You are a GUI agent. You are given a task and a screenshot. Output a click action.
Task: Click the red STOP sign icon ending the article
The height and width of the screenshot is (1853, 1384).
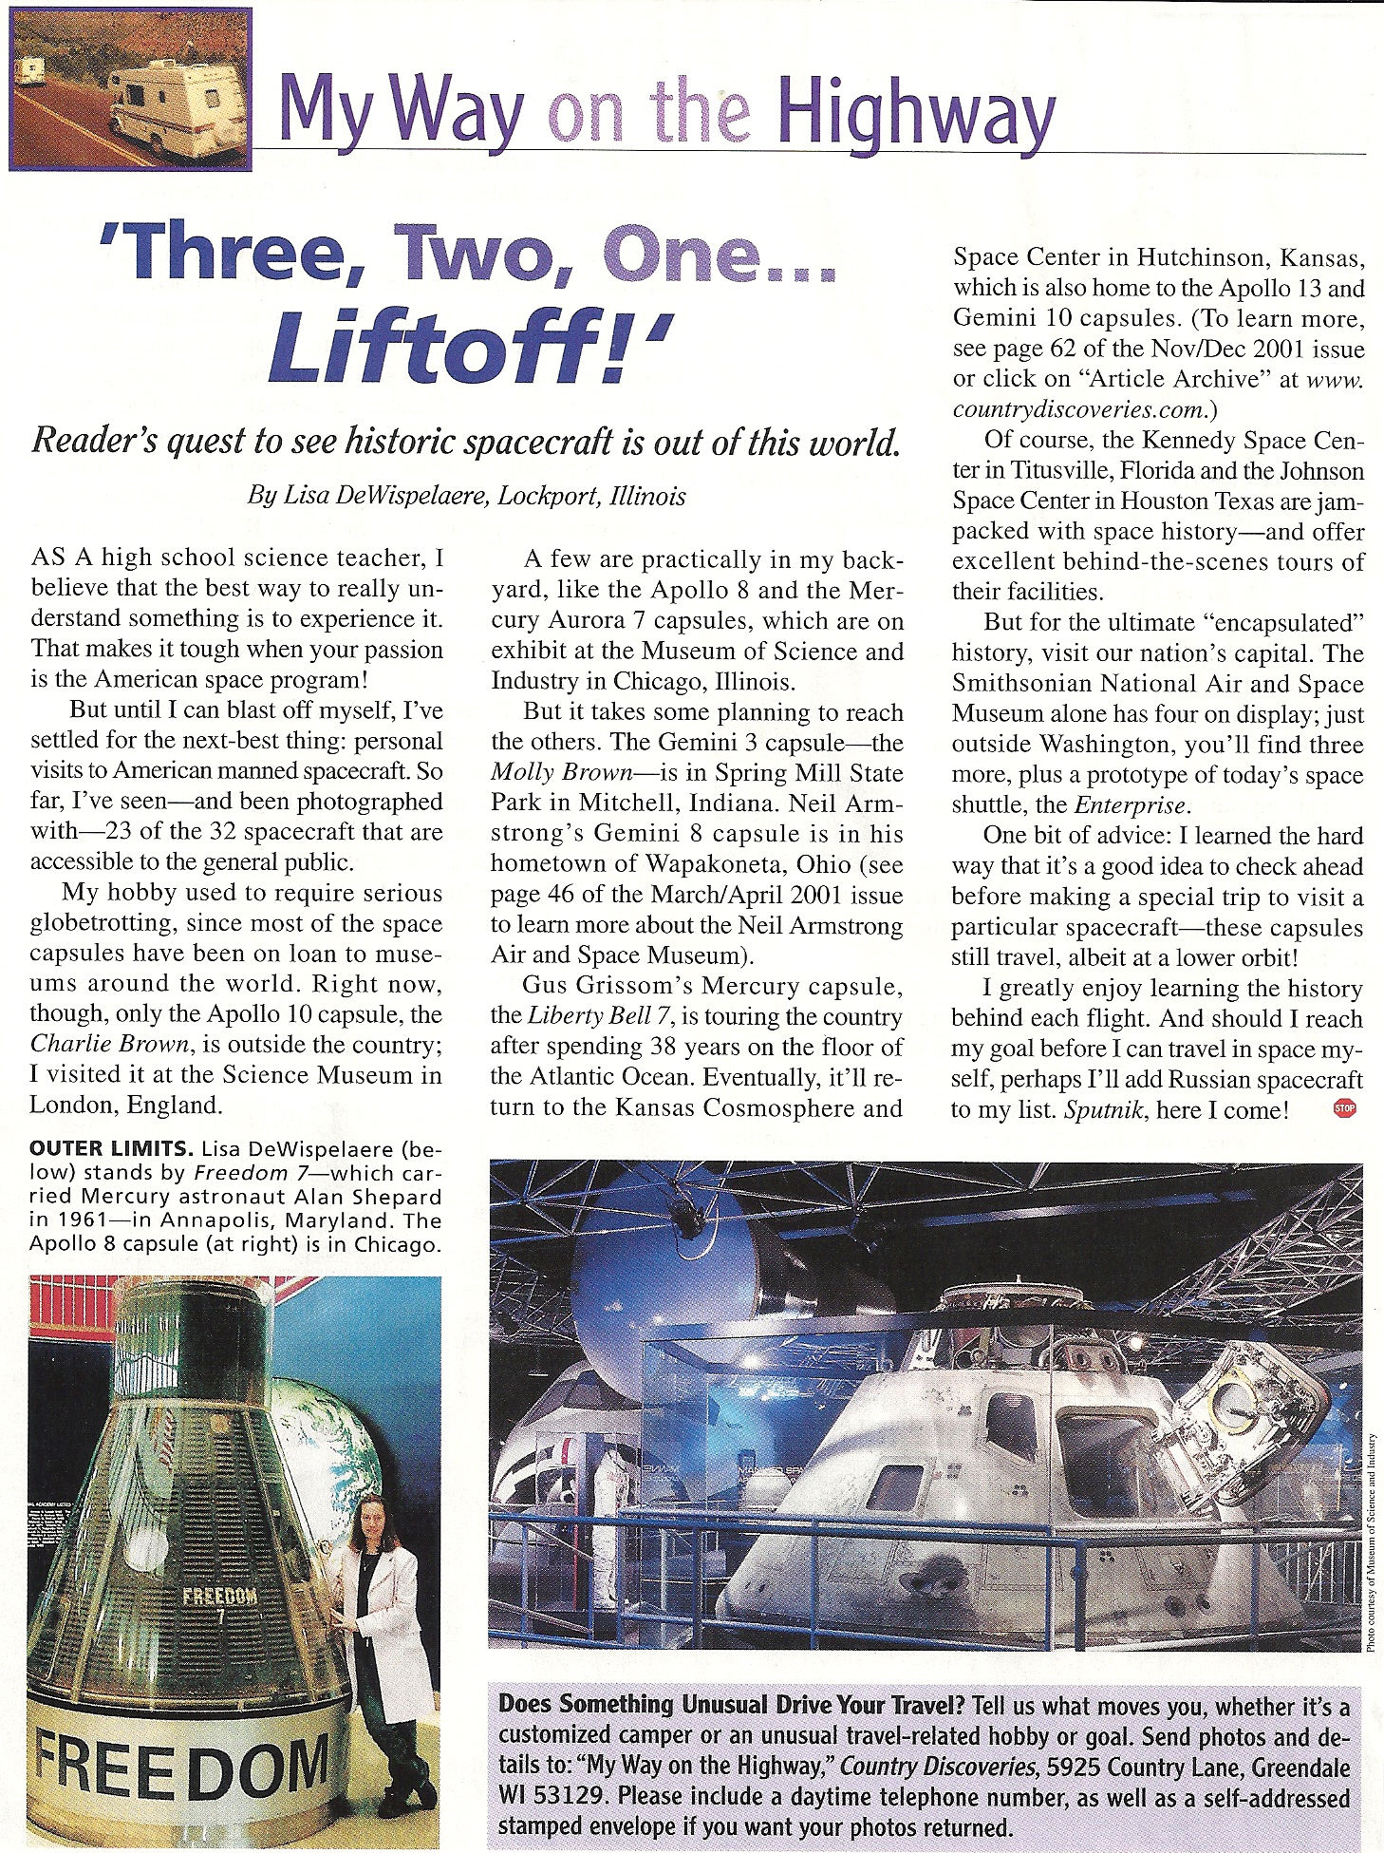pyautogui.click(x=1344, y=1107)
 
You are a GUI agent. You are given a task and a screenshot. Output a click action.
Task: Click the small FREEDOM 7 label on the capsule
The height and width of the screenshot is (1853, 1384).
pyautogui.click(x=219, y=1598)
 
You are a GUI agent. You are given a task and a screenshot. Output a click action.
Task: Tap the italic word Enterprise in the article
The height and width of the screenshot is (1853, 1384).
pyautogui.click(x=1131, y=805)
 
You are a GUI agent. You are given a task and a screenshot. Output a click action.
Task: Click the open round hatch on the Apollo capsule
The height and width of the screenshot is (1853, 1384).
pyautogui.click(x=1234, y=1397)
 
